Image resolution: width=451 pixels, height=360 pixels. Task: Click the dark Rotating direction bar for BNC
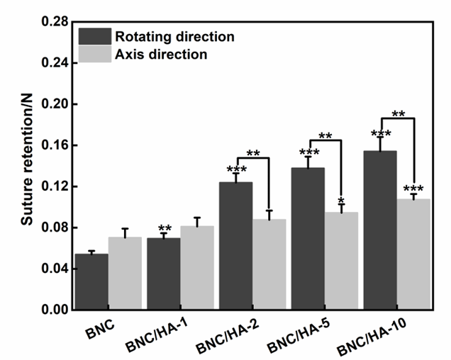click(91, 282)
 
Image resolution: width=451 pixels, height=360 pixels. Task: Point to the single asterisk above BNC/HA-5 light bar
click(341, 201)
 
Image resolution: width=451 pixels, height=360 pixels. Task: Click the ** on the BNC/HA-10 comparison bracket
click(398, 113)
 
